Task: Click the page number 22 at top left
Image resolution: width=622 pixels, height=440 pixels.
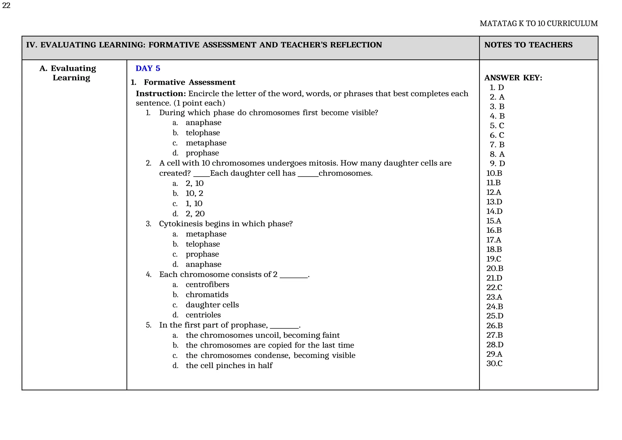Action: tap(6, 5)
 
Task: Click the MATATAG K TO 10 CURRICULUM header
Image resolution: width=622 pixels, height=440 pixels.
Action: tap(538, 23)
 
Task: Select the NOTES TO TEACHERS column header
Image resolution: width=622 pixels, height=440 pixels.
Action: tap(528, 45)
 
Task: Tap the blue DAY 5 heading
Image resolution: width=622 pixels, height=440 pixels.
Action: tap(148, 68)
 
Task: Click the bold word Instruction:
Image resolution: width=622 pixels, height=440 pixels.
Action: tap(161, 94)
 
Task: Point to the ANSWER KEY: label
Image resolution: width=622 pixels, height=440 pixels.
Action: tap(513, 78)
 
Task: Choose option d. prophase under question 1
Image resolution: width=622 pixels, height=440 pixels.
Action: tap(202, 153)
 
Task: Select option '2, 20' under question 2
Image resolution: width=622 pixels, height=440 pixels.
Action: tap(195, 214)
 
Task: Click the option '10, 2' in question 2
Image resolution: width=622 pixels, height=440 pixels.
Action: tap(194, 193)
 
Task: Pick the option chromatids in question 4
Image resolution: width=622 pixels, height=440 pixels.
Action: tap(207, 294)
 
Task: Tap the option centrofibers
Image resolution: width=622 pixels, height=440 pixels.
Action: tap(207, 284)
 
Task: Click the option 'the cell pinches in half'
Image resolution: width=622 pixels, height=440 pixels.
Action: tap(229, 365)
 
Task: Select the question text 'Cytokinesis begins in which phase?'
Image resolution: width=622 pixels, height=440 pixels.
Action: tap(225, 224)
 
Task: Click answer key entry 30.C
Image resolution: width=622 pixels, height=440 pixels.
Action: tap(494, 363)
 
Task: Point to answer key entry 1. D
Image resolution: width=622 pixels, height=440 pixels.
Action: tap(497, 88)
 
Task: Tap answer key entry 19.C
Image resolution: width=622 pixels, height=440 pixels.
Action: tap(494, 259)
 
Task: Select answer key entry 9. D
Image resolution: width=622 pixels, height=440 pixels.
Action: tap(497, 163)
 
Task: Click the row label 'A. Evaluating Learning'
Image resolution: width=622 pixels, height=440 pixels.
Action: tap(68, 73)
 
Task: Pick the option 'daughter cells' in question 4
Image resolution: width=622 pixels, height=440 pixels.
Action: tap(212, 305)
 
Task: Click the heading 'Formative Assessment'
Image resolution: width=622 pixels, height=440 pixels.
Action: tap(189, 82)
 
